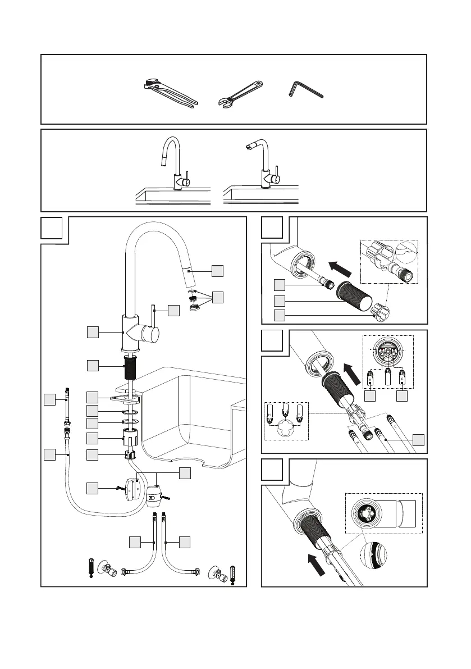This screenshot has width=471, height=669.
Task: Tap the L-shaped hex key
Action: [x=303, y=90]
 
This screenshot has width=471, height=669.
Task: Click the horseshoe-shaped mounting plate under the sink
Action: [x=128, y=401]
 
